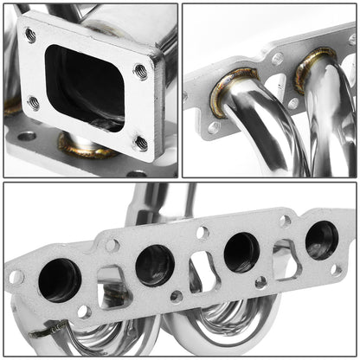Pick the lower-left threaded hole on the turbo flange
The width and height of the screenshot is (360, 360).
(33, 103)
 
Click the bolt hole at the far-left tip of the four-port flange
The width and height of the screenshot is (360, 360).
(16, 278)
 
